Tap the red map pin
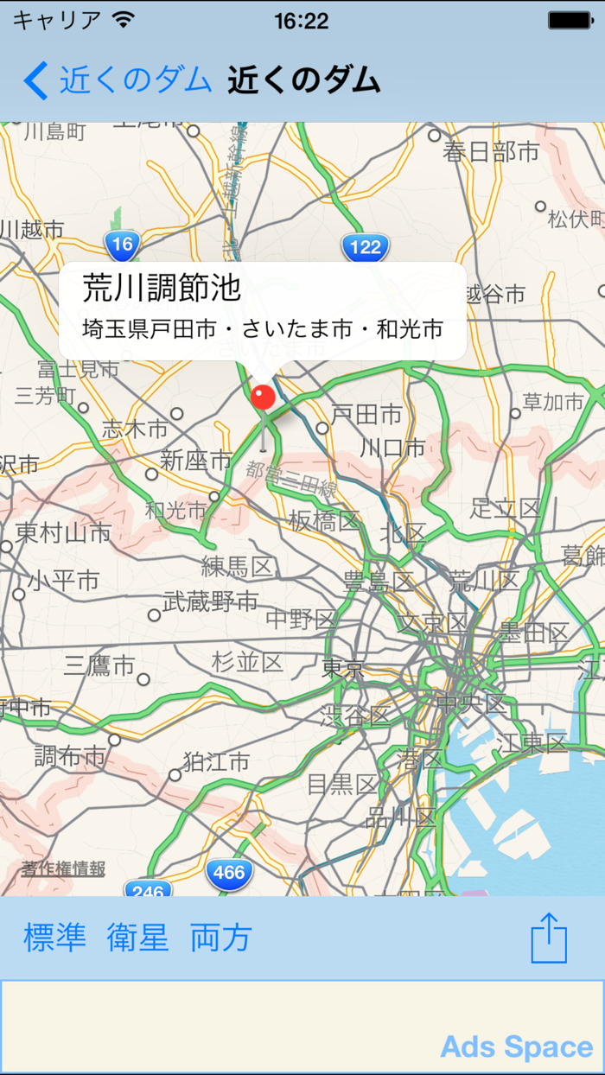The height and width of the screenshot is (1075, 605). pyautogui.click(x=263, y=398)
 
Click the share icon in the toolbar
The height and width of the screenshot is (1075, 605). pyautogui.click(x=549, y=938)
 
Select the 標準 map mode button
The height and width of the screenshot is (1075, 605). pyautogui.click(x=54, y=938)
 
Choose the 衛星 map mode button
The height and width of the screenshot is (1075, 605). pyautogui.click(x=138, y=938)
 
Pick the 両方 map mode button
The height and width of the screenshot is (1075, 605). pyautogui.click(x=221, y=938)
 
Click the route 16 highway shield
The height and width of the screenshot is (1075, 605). pyautogui.click(x=123, y=245)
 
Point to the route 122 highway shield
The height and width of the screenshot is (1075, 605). pyautogui.click(x=366, y=248)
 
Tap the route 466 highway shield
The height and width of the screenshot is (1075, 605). pyautogui.click(x=229, y=874)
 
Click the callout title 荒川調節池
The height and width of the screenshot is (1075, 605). pyautogui.click(x=162, y=289)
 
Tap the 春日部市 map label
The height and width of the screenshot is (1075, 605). pyautogui.click(x=491, y=153)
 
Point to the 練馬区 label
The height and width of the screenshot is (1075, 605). pyautogui.click(x=238, y=567)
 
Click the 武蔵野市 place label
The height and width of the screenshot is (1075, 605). pyautogui.click(x=211, y=601)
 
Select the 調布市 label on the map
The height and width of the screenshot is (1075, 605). pyautogui.click(x=70, y=757)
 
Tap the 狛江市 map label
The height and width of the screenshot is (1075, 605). pyautogui.click(x=216, y=761)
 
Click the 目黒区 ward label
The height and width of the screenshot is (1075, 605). pyautogui.click(x=342, y=784)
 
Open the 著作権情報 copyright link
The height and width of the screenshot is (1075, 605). pyautogui.click(x=64, y=869)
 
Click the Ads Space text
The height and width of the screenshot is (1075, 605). pyautogui.click(x=516, y=1047)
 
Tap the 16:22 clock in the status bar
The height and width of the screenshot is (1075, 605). pyautogui.click(x=302, y=21)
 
